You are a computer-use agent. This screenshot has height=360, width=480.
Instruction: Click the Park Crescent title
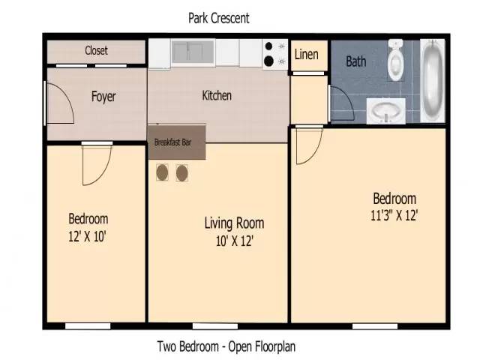coord(218,18)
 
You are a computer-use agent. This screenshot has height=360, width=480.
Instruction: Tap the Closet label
coord(96,50)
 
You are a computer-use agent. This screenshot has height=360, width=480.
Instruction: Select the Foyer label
coord(103,97)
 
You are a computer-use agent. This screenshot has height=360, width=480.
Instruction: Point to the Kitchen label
coord(217,95)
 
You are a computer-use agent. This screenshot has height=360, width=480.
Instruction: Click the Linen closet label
coord(307,55)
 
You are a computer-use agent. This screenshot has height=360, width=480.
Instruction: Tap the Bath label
coord(356,61)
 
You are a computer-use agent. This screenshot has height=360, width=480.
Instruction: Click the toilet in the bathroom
coord(395,60)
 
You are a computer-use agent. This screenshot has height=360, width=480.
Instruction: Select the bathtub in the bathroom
coord(433,81)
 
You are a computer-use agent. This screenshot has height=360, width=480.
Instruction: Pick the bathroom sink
coord(386,111)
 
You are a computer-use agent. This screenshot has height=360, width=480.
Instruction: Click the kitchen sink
coord(193,52)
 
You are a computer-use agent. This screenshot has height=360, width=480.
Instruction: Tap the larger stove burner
coord(268,61)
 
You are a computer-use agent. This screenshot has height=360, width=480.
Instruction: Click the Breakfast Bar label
coord(172,142)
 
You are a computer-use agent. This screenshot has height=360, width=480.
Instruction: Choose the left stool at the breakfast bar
coord(162,172)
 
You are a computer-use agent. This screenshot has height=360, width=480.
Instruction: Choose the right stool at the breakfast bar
coord(181,173)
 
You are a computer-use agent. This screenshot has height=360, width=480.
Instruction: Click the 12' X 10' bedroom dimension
coord(87,236)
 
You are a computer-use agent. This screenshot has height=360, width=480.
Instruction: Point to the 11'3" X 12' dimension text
coord(394,215)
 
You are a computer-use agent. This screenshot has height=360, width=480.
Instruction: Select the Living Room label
coord(234,223)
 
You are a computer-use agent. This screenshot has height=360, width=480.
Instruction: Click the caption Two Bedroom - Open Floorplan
coord(226,346)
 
